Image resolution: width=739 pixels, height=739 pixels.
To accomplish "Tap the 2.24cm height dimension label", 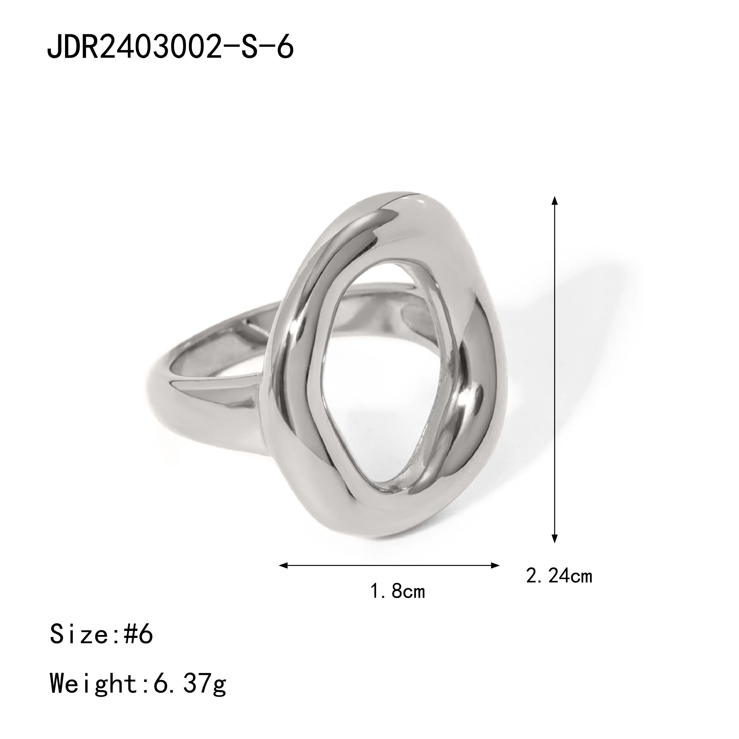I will click(559, 587).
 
